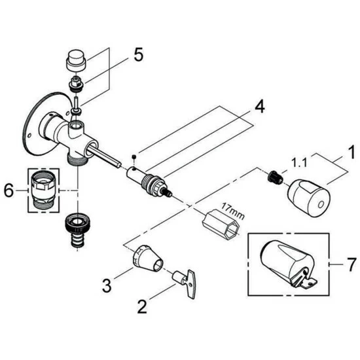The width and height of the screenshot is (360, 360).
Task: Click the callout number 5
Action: pyautogui.click(x=139, y=54)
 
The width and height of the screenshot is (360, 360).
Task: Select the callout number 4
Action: pyautogui.click(x=259, y=107)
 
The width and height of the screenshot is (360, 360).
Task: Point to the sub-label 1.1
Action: pyautogui.click(x=299, y=163)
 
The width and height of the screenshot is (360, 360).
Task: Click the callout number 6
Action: pyautogui.click(x=9, y=190)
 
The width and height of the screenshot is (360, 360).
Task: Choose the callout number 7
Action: pyautogui.click(x=351, y=264)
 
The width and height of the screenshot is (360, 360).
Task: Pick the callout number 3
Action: pyautogui.click(x=107, y=285)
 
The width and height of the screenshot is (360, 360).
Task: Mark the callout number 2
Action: pyautogui.click(x=142, y=307)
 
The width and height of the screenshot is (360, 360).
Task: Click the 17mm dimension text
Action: pyautogui.click(x=233, y=211)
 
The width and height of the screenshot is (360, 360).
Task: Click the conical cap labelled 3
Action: pyautogui.click(x=148, y=259)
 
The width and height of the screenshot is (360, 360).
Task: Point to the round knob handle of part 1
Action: pyautogui.click(x=309, y=198)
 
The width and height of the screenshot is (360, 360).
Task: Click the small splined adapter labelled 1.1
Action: pyautogui.click(x=275, y=177)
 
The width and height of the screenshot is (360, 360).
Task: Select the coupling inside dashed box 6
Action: pyautogui.click(x=44, y=190)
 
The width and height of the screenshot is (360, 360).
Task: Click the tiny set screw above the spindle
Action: pyautogui.click(x=134, y=156)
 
